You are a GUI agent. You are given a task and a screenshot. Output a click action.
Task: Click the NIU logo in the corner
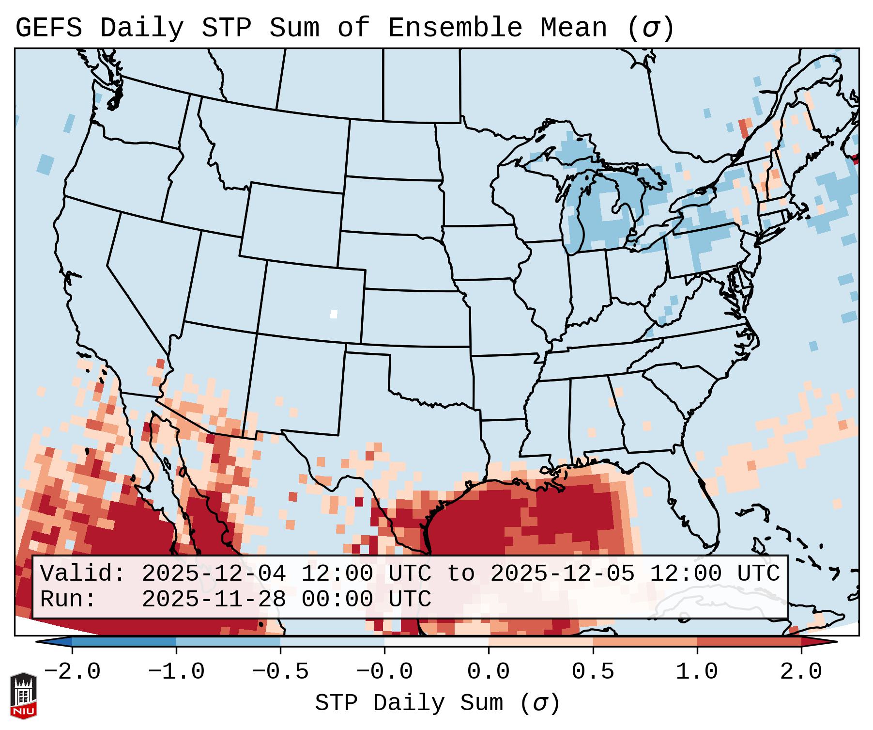point(23,696)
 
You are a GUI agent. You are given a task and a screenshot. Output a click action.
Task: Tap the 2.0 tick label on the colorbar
point(801,672)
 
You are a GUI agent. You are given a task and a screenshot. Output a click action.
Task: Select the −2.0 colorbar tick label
point(72,672)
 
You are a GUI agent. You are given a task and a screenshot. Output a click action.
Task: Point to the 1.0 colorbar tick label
point(697,672)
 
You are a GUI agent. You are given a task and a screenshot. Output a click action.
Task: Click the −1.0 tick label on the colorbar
point(176,672)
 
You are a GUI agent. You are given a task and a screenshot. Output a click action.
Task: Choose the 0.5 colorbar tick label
point(593,672)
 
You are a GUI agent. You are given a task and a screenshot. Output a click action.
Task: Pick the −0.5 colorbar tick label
point(280,672)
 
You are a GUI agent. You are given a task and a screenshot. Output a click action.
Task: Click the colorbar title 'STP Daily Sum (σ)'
point(437,703)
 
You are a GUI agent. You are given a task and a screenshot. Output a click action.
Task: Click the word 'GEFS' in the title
point(49,28)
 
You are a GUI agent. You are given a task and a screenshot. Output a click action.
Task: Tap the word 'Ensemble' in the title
point(455,28)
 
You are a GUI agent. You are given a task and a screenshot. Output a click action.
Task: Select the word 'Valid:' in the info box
point(83,574)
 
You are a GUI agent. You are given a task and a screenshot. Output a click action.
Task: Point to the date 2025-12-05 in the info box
point(562,574)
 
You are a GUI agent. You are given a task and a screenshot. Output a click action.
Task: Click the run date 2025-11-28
point(214,600)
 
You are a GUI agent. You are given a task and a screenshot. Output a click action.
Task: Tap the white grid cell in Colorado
point(334,314)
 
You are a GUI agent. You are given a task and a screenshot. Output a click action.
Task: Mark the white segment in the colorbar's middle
point(436,641)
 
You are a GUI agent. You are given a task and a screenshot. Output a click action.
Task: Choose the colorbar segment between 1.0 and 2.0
point(749,641)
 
